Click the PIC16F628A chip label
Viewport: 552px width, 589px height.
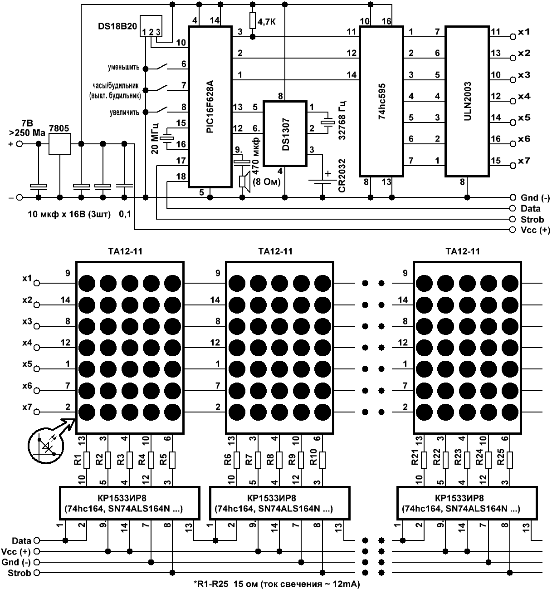[x=210, y=107]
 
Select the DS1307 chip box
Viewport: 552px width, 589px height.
[x=285, y=133]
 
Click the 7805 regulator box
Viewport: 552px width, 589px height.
[x=60, y=144]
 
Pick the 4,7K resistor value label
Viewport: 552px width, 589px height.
[x=267, y=22]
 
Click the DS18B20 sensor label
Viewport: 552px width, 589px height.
[x=117, y=26]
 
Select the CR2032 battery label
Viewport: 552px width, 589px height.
[x=342, y=176]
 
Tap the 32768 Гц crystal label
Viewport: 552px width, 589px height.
[x=342, y=121]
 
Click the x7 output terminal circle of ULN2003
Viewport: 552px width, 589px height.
[x=513, y=166]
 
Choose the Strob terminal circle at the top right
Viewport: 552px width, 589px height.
[x=513, y=219]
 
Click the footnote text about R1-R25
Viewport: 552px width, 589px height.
[x=277, y=584]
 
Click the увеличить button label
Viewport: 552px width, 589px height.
[x=125, y=113]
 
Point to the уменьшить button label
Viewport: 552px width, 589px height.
[x=124, y=67]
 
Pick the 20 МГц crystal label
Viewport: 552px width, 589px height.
[x=155, y=138]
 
